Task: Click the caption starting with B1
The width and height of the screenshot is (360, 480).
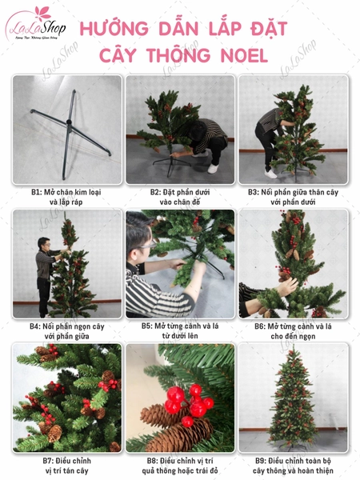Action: click(x=67, y=197)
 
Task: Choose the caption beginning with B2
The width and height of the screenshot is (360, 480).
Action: click(x=180, y=197)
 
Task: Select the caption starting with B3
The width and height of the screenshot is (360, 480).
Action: click(x=294, y=197)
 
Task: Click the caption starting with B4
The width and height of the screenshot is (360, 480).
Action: click(x=67, y=331)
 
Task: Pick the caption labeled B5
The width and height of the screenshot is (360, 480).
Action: click(x=180, y=331)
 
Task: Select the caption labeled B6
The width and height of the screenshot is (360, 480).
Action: click(x=294, y=331)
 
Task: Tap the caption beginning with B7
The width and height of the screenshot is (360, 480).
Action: click(x=67, y=466)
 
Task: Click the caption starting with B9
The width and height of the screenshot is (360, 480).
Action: click(x=294, y=466)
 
